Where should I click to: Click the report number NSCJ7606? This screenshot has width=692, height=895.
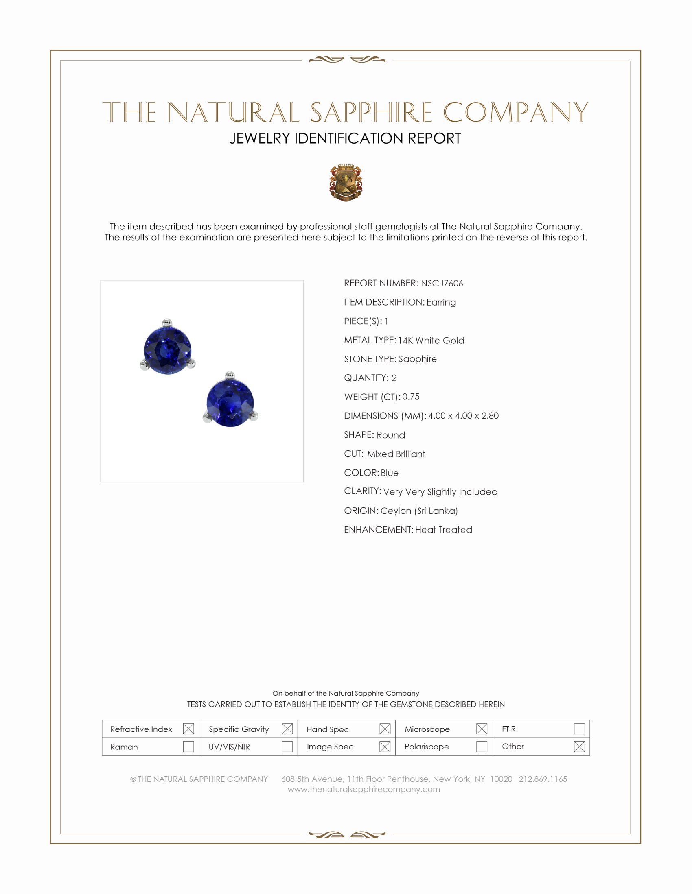tap(442, 283)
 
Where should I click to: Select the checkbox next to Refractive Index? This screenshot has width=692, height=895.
tap(188, 729)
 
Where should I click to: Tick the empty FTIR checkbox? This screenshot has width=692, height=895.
tap(579, 729)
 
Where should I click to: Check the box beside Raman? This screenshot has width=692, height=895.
tap(188, 747)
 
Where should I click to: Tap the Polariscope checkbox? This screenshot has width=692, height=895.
tap(482, 747)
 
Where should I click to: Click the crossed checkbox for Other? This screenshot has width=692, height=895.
tap(579, 747)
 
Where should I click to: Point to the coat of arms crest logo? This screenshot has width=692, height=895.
tap(346, 182)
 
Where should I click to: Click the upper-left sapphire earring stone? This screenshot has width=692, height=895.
tap(167, 350)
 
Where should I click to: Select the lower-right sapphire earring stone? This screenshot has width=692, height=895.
tap(230, 402)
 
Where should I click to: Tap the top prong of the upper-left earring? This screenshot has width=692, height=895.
tap(166, 322)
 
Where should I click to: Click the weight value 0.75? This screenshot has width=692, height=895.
tap(411, 397)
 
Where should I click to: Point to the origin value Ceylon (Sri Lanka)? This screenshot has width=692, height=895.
tap(419, 511)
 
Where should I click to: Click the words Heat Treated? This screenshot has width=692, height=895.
tap(444, 530)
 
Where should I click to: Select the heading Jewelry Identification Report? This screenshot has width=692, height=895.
tap(345, 138)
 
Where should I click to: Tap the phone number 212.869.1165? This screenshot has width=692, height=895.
tap(543, 779)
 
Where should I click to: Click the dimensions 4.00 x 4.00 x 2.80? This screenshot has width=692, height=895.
tap(463, 416)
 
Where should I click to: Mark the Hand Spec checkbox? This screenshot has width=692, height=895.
tap(385, 729)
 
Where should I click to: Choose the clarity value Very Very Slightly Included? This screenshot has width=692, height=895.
tap(440, 492)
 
